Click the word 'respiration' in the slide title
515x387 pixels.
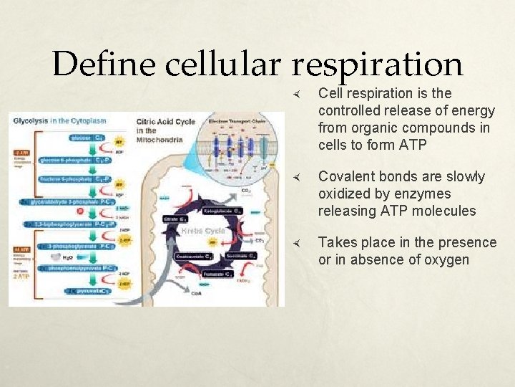point(378,65)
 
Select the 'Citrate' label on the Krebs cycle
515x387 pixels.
point(177,218)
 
